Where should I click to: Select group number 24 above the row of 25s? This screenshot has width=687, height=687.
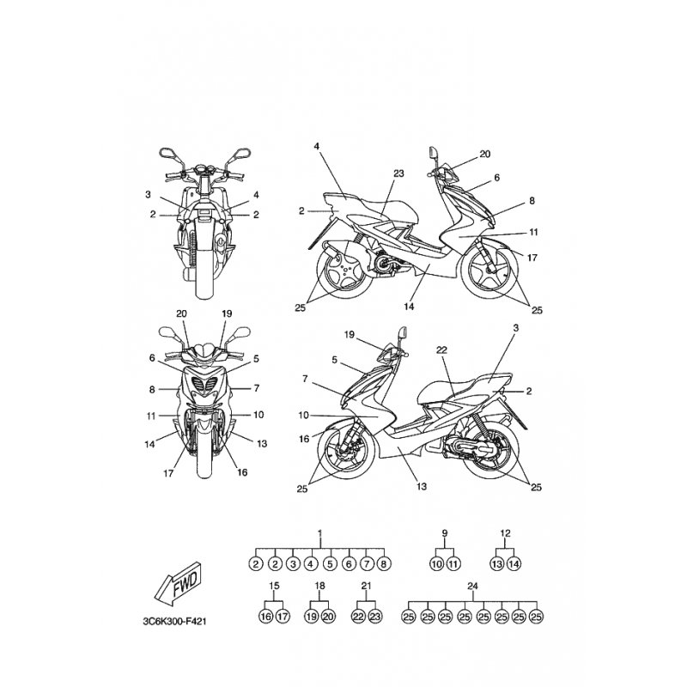(471, 587)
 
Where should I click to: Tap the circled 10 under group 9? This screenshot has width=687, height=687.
(436, 564)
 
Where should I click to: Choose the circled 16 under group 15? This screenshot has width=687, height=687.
(265, 617)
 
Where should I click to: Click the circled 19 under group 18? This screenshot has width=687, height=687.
(311, 617)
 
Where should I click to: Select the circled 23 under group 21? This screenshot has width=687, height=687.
(374, 617)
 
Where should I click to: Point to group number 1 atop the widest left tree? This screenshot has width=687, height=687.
(319, 534)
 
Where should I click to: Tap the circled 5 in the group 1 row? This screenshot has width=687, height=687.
(330, 564)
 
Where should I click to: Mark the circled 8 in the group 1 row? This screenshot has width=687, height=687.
(385, 564)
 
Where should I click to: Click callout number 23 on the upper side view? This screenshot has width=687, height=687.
(398, 173)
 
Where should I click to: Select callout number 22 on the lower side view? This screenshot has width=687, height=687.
(441, 350)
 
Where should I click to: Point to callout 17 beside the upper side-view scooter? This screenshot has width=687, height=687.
(532, 257)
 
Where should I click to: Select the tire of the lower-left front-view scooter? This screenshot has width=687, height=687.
(203, 459)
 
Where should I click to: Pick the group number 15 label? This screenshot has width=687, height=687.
(274, 587)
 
